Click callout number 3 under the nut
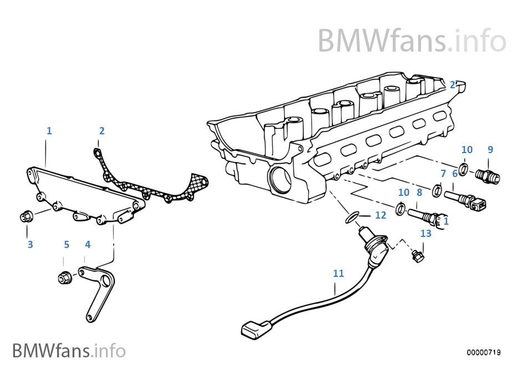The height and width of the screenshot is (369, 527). [30, 244]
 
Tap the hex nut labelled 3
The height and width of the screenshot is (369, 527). [26, 215]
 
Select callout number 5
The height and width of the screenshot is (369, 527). [66, 244]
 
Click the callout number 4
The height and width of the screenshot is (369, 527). [87, 244]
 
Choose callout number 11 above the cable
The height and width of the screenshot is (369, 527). [338, 273]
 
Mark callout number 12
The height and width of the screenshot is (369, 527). [381, 215]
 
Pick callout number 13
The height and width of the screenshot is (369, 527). [425, 234]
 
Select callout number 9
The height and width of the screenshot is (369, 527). [490, 149]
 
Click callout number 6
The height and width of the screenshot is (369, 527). [455, 174]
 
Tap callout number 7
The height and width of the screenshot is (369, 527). [443, 174]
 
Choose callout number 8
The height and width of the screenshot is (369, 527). [419, 192]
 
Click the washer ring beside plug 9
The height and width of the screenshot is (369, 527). [463, 168]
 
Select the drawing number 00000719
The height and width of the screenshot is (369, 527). [484, 352]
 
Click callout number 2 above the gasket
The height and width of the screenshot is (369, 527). [102, 131]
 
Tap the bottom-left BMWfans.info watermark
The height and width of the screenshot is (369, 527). [69, 351]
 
